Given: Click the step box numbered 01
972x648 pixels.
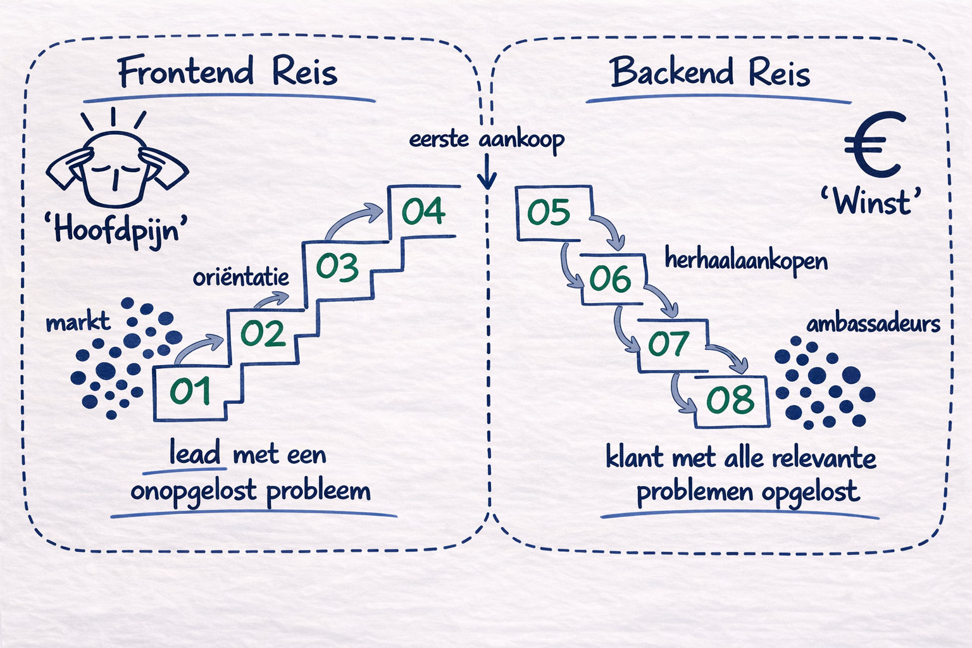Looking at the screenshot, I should [x=190, y=392].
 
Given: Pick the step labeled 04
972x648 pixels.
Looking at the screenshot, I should [x=423, y=212].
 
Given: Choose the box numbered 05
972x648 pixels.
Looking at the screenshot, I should [x=549, y=213].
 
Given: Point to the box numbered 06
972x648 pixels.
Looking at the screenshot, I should [x=611, y=279].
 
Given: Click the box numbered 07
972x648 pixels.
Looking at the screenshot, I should [x=668, y=344].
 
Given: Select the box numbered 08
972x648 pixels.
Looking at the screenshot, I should [x=730, y=401].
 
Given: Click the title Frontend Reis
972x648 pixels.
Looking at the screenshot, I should [x=228, y=72].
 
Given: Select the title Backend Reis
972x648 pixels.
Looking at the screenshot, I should [x=710, y=72].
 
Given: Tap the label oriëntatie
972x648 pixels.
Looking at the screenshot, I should [x=241, y=277].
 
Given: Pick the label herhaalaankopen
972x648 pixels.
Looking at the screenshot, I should [x=746, y=260].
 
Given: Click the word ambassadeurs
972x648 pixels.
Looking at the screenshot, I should [x=873, y=324].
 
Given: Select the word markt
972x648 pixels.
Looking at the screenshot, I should [x=78, y=322].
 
